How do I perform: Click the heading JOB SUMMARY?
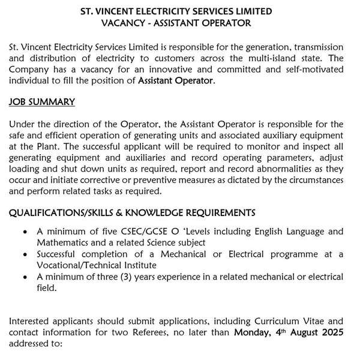[x=42, y=102]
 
